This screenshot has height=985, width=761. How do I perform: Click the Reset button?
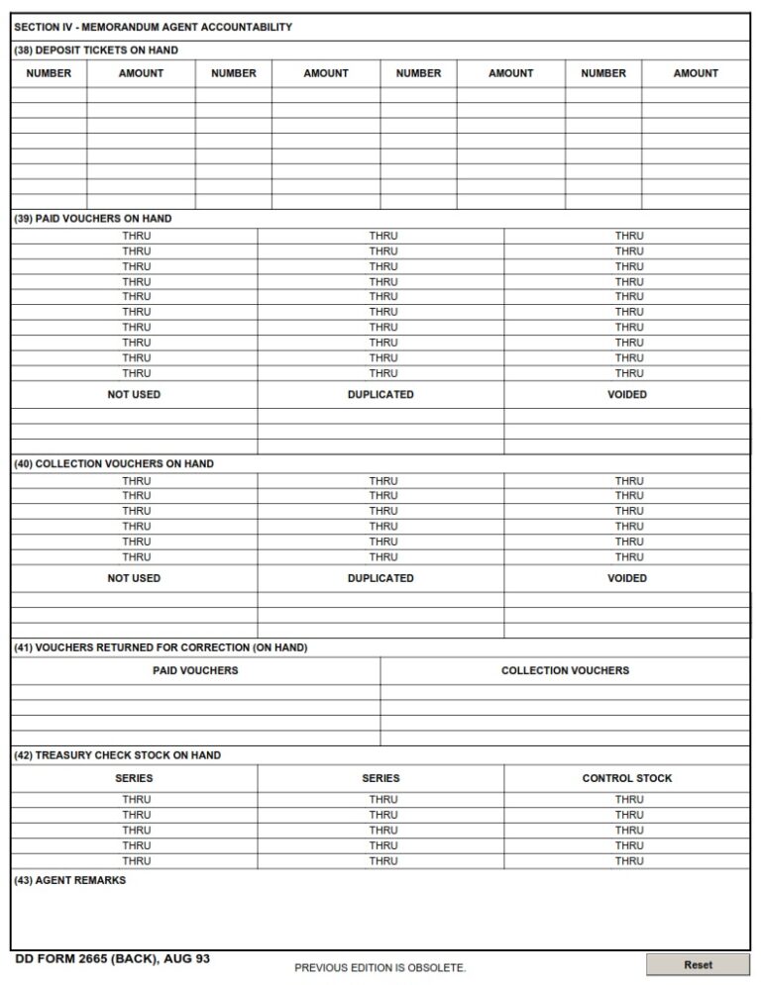point(698,964)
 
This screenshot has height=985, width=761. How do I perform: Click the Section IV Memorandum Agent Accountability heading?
point(153,28)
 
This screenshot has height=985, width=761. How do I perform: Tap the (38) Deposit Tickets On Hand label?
point(96,49)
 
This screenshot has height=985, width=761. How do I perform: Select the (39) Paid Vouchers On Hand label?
point(93,219)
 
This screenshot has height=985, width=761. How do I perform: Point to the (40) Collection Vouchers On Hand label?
point(114,463)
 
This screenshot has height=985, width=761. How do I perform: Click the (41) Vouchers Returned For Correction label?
point(161,647)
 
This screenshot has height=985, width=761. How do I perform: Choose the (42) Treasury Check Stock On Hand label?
point(118,755)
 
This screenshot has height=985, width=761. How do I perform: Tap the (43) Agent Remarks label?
point(70,880)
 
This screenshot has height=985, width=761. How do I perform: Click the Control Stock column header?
point(626,778)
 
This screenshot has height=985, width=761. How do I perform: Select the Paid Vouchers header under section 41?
point(195,670)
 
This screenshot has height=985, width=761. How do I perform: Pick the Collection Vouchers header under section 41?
point(565,670)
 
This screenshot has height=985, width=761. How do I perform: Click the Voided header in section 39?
point(626,394)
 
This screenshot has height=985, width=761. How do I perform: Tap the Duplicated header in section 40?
point(380,578)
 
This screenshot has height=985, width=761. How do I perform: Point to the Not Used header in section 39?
point(134,394)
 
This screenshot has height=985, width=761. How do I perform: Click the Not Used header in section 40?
point(134,578)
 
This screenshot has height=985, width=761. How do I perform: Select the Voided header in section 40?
point(626,578)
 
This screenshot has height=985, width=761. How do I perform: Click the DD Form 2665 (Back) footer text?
point(113,959)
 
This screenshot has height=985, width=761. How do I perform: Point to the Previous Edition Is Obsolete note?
point(380,967)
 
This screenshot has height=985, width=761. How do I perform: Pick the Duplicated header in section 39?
point(380,394)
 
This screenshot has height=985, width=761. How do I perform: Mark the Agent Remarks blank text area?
point(380,916)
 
